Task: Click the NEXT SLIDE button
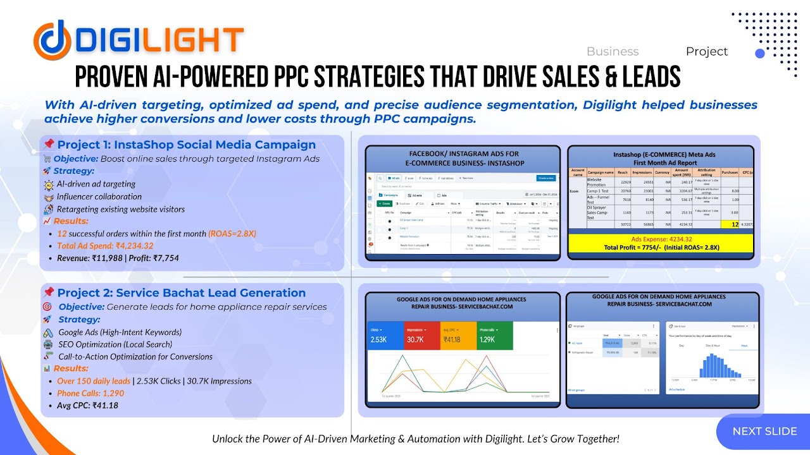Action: coord(764,432)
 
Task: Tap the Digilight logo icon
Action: coord(53,39)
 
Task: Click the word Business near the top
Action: coord(612,52)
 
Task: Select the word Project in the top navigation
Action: coord(706,52)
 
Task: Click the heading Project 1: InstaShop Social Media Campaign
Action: coord(186,145)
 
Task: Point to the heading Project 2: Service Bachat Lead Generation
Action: coord(181,293)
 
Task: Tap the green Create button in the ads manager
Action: coord(384,204)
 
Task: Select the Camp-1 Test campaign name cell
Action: coord(599,190)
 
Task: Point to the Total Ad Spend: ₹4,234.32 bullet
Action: coord(105,246)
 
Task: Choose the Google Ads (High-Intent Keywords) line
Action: coord(120,332)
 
